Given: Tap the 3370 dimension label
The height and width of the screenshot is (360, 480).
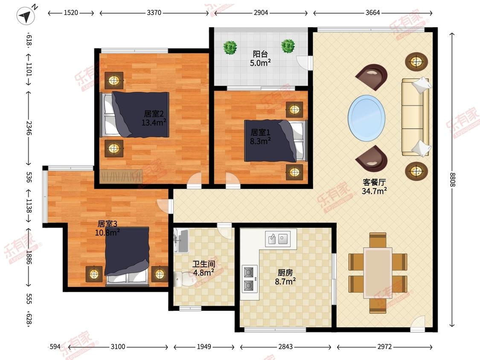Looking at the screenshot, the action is [154, 12].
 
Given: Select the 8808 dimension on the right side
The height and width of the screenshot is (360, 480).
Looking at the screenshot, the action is [452, 180].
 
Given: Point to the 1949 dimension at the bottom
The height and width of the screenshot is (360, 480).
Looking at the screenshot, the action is [204, 346].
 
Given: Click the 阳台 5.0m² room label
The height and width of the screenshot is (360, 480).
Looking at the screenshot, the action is [260, 58].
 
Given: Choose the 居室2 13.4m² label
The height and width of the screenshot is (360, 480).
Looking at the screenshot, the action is [154, 118].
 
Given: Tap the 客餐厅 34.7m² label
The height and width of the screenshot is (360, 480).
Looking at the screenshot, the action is [374, 186].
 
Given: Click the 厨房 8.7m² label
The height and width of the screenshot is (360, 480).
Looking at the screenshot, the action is [285, 277].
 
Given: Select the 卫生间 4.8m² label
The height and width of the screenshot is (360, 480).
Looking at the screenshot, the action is [204, 268].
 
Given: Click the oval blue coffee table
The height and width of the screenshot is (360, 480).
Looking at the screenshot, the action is [367, 118].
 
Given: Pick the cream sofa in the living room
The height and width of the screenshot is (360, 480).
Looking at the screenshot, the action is [416, 117].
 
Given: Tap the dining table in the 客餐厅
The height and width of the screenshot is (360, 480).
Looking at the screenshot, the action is [378, 273].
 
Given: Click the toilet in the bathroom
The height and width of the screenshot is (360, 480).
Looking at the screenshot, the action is [184, 278].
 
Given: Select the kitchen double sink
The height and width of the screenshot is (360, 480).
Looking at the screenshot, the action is [280, 238].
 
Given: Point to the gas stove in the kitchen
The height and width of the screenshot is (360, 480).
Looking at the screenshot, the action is [249, 279].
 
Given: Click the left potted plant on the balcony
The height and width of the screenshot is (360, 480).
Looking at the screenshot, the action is [230, 47].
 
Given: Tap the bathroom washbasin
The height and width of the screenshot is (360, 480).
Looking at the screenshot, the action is [181, 241].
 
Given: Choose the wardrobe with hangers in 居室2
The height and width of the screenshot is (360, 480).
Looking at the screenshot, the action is [121, 177].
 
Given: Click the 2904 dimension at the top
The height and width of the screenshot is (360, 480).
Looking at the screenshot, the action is [261, 12].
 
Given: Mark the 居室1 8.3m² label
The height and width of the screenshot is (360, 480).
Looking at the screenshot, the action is [260, 136].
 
